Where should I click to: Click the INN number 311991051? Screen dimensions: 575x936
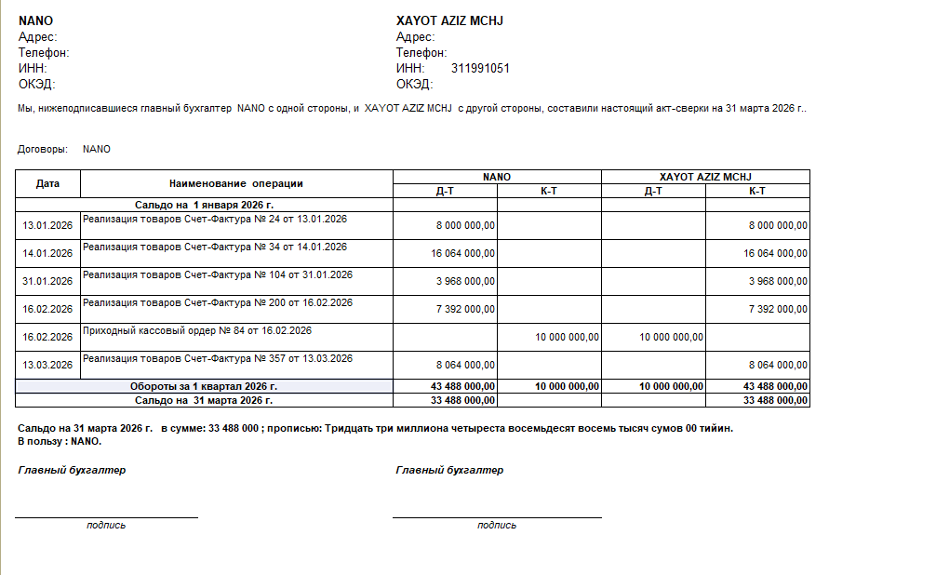(480, 69)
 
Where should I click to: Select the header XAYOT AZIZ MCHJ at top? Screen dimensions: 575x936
(449, 20)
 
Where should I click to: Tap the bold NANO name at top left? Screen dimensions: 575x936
(35, 20)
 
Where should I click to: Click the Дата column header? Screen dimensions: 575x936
(47, 183)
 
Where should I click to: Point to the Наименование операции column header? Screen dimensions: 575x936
(236, 183)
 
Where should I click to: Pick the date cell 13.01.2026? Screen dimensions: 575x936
(47, 225)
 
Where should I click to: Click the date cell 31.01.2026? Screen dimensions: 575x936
(47, 281)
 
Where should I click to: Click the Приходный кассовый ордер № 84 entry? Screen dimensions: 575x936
(197, 330)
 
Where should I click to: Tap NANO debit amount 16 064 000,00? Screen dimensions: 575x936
(463, 253)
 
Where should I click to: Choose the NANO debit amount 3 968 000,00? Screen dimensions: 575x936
(466, 281)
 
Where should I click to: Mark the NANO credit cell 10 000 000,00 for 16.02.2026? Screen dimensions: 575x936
(567, 337)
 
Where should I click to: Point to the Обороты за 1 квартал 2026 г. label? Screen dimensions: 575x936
(205, 386)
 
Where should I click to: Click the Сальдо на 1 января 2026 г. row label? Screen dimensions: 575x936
(205, 204)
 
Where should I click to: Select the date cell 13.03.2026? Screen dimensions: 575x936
(47, 365)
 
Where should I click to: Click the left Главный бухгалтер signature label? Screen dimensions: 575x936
(72, 470)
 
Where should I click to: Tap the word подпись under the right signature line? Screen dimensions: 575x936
(497, 525)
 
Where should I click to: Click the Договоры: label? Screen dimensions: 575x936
(43, 149)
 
